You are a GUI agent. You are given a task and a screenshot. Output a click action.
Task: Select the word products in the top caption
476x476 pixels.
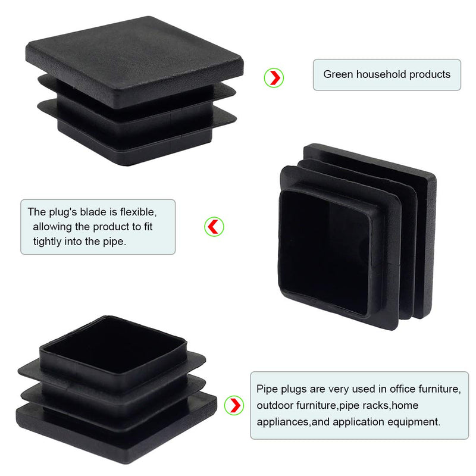pyautogui.click(x=430, y=74)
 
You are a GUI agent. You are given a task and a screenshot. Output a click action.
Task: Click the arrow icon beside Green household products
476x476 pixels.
pyautogui.click(x=274, y=77)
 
